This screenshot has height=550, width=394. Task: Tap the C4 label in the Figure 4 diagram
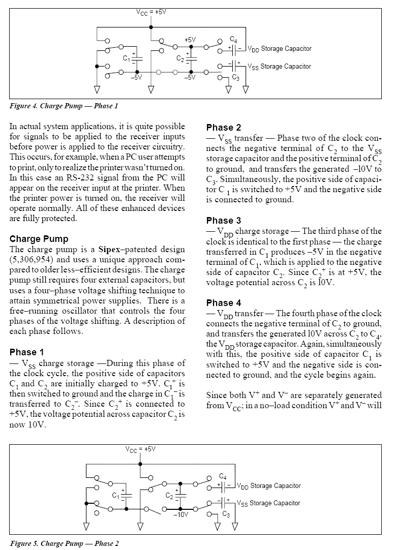click(x=233, y=39)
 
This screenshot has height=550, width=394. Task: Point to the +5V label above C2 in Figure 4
click(x=190, y=40)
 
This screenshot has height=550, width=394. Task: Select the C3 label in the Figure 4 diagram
click(x=235, y=77)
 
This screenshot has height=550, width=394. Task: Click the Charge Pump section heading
click(x=39, y=238)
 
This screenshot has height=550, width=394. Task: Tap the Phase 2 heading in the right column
click(x=224, y=127)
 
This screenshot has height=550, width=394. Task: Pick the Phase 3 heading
click(x=224, y=221)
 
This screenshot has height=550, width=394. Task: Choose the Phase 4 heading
click(x=224, y=302)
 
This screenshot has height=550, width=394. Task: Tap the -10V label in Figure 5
click(x=180, y=514)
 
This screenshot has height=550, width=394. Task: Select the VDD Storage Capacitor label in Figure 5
click(x=269, y=486)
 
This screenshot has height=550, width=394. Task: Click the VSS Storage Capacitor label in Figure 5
click(x=269, y=503)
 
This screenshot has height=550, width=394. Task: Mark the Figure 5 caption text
click(x=64, y=543)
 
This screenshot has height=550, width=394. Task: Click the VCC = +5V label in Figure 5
click(x=140, y=449)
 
